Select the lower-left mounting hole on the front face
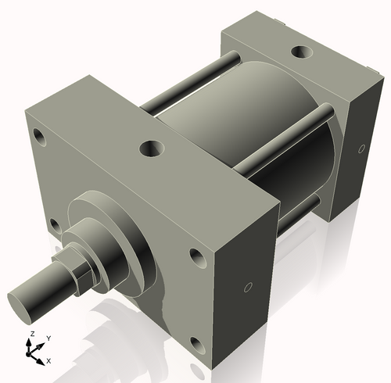54,226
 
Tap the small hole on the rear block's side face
361,148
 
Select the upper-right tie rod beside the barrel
285,137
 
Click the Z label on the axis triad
31,334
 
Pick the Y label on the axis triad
48,338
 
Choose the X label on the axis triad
48,360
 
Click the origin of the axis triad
34,353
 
